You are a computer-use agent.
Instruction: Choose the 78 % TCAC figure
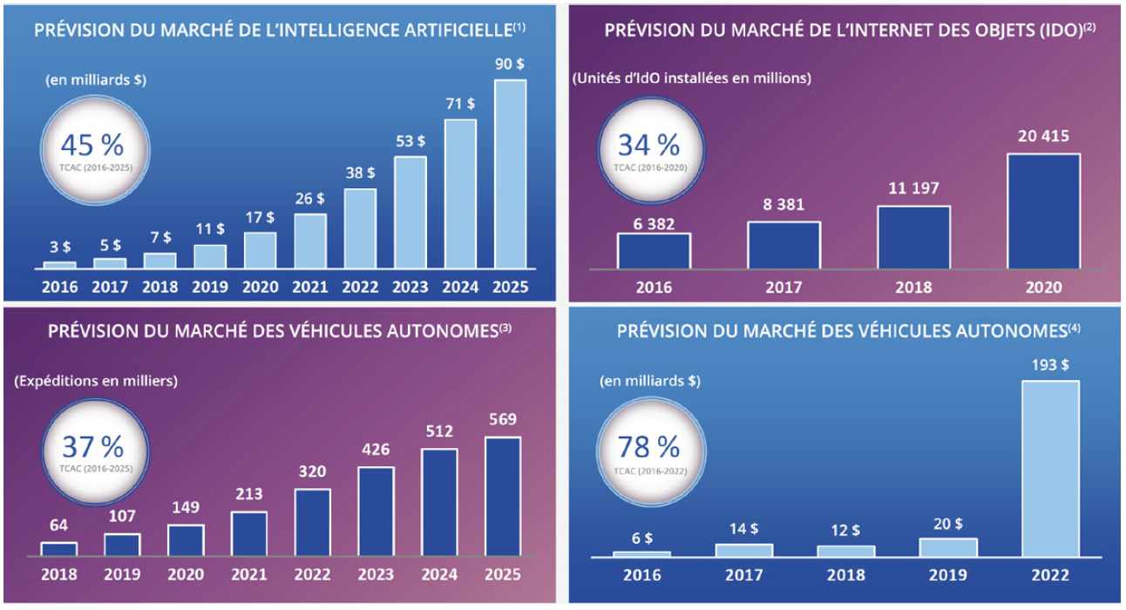click(648, 450)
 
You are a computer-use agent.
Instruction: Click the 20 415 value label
click(1043, 137)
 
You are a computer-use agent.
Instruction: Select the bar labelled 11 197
click(913, 237)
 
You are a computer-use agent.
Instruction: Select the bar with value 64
click(58, 549)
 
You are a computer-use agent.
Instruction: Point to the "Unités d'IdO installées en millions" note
click(691, 78)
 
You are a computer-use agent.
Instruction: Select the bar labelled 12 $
click(845, 551)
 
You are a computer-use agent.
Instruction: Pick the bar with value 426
click(376, 511)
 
